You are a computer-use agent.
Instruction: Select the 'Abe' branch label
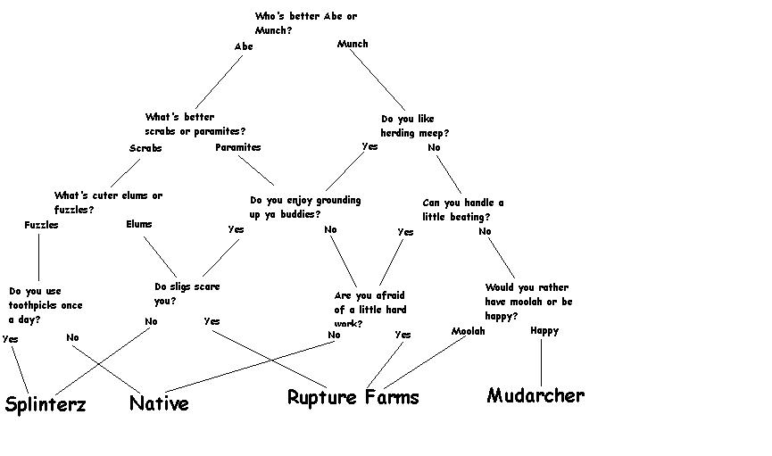[x=244, y=46]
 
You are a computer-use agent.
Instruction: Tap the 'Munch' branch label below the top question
[x=353, y=44]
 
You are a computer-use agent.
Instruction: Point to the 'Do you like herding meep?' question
[x=415, y=126]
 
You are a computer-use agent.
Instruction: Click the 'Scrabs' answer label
[x=145, y=148]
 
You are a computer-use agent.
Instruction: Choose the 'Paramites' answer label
[x=238, y=147]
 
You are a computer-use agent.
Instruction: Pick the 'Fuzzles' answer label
[x=41, y=225]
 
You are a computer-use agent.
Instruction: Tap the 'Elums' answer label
[x=139, y=224]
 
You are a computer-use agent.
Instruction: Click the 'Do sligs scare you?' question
[x=187, y=294]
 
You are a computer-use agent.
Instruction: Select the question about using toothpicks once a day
[x=46, y=305]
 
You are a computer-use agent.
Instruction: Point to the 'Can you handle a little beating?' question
[x=462, y=210]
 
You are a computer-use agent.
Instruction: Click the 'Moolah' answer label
[x=468, y=331]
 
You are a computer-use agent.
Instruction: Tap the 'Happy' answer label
[x=544, y=330]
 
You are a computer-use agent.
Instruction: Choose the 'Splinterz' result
[x=46, y=403]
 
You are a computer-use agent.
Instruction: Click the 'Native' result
[x=159, y=403]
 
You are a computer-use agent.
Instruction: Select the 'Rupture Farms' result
[x=353, y=397]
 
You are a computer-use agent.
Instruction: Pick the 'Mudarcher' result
[x=535, y=395]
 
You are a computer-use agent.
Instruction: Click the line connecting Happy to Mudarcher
[x=541, y=362]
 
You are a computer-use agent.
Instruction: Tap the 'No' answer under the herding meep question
[x=434, y=147]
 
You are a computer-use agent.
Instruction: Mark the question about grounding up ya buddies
[x=305, y=207]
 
